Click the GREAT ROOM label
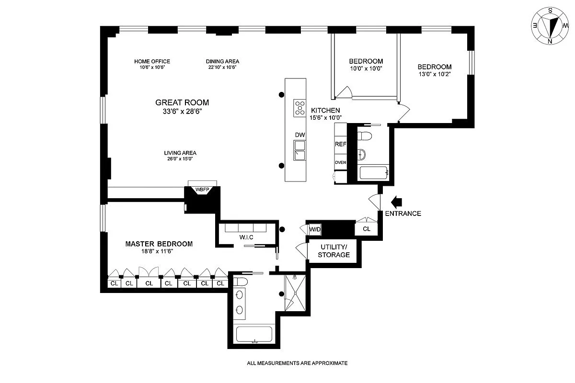click(x=182, y=102)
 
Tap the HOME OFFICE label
click(x=152, y=61)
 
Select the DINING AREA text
click(x=222, y=61)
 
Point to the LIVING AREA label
click(x=180, y=153)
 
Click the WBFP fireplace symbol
click(x=202, y=189)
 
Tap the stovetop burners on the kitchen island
click(x=300, y=108)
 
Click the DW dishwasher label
click(x=300, y=135)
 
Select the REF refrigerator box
click(x=340, y=144)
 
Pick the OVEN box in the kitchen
click(x=340, y=163)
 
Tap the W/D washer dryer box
click(x=315, y=229)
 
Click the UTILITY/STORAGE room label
click(x=334, y=251)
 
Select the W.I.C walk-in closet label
click(x=246, y=237)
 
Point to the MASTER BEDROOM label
click(x=159, y=244)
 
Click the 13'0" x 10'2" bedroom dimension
click(x=434, y=74)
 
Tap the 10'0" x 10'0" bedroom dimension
click(x=366, y=69)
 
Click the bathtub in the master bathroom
click(x=254, y=334)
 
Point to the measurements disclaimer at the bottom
click(x=297, y=363)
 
